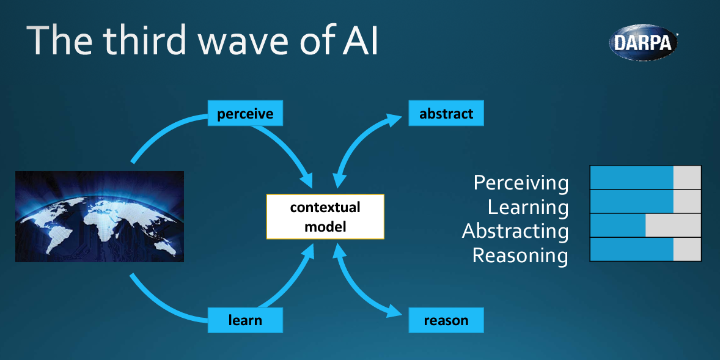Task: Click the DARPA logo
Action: (644, 42)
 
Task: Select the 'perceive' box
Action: (245, 114)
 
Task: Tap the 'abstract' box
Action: (446, 114)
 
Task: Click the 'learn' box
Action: (245, 320)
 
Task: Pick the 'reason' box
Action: (446, 320)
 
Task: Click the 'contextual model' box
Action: (325, 216)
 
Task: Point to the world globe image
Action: (100, 216)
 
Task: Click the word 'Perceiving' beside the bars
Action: (521, 183)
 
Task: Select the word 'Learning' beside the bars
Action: (528, 207)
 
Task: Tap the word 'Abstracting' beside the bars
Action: (515, 231)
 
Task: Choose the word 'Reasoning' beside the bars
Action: (520, 255)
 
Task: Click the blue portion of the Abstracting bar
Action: (618, 226)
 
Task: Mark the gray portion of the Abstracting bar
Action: (673, 226)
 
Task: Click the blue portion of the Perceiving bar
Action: (631, 177)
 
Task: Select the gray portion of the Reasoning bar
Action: (687, 249)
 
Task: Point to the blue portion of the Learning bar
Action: (631, 202)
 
